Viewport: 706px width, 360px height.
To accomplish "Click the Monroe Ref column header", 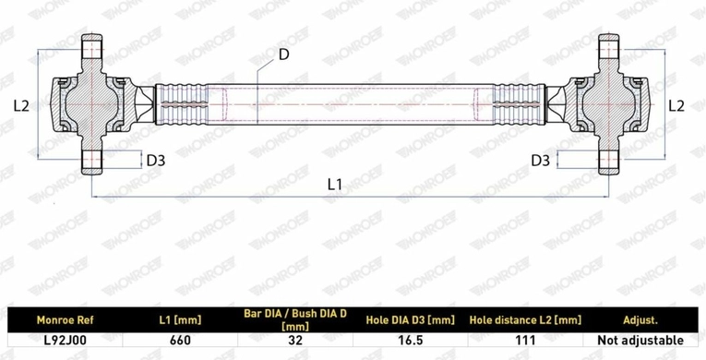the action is pos(65,320).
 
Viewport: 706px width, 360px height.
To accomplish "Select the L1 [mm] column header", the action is pos(180,320).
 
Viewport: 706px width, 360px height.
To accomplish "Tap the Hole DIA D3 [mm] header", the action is pos(410,320).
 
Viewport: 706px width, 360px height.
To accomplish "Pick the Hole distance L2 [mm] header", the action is pos(525,320).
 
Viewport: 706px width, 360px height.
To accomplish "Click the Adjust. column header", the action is pos(640,320).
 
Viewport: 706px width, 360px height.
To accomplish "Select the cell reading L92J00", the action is pos(65,341).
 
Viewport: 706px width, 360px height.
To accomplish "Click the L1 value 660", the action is pos(180,341).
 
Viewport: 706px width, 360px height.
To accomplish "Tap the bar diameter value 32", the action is pos(295,341).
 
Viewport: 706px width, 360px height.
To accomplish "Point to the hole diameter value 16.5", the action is pos(410,341).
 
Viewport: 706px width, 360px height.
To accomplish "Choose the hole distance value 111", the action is pos(525,341).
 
